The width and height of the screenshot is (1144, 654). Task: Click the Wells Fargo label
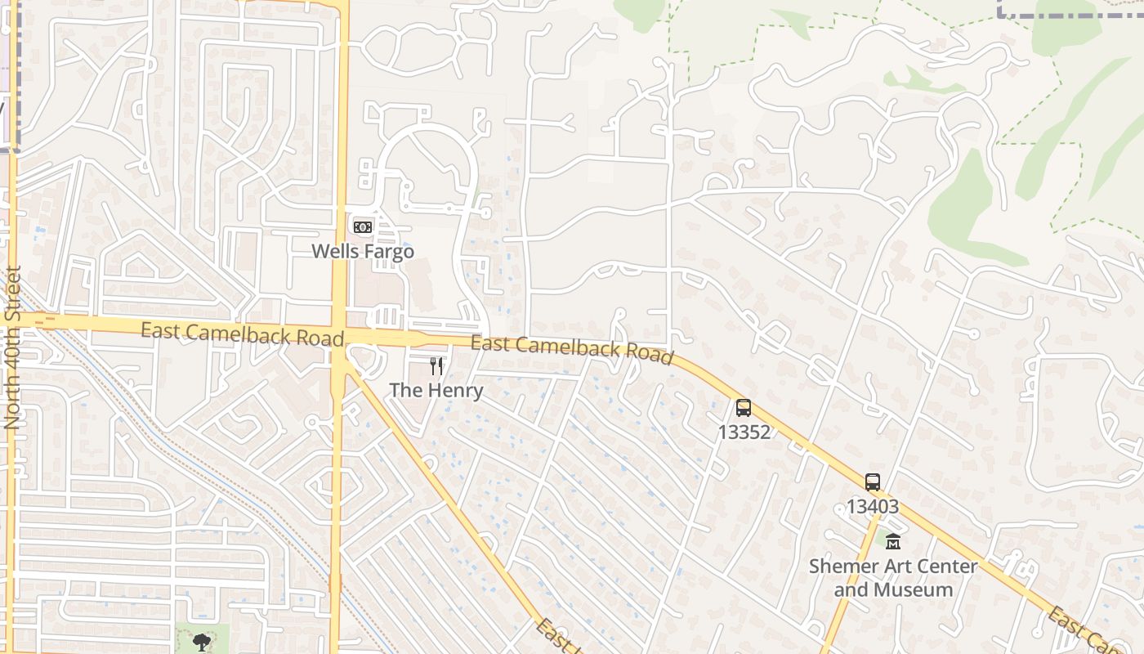click(363, 251)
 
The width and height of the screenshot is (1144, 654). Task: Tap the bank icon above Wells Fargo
click(363, 226)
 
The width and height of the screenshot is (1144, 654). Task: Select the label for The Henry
click(436, 390)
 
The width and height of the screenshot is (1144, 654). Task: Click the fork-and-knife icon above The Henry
click(436, 365)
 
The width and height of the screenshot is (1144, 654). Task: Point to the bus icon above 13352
click(744, 407)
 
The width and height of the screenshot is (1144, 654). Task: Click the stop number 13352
click(744, 432)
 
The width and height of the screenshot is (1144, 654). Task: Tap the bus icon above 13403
click(873, 482)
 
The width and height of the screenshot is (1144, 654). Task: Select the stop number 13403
click(873, 506)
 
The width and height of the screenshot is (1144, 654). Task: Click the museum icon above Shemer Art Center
click(893, 541)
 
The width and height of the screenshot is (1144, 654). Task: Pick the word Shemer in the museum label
click(842, 566)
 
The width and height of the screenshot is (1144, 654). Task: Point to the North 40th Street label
click(12, 347)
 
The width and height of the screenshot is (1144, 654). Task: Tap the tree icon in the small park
click(201, 643)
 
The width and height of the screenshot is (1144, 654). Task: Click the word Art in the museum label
click(895, 566)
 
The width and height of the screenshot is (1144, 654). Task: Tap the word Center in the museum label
click(946, 566)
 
